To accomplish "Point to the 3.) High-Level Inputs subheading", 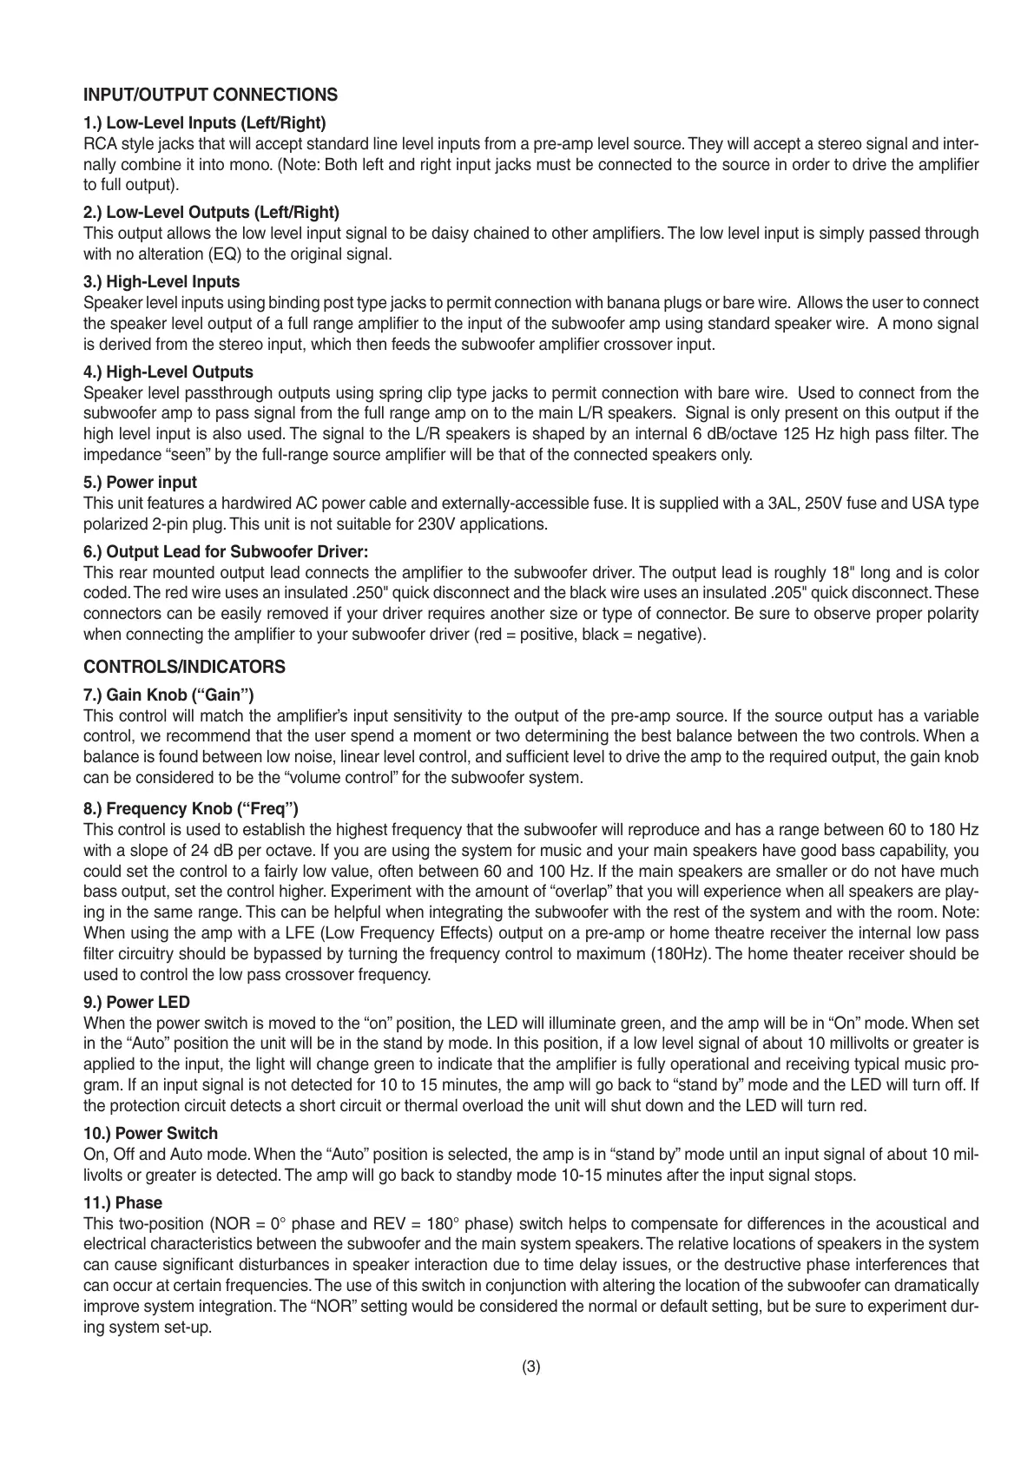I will [x=161, y=281].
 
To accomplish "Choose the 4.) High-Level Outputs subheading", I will [x=168, y=372].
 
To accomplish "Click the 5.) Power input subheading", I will [x=140, y=482].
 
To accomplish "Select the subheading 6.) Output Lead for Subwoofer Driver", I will [x=226, y=551].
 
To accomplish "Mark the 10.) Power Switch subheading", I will [x=150, y=1133].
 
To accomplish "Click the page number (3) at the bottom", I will [x=531, y=1367].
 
